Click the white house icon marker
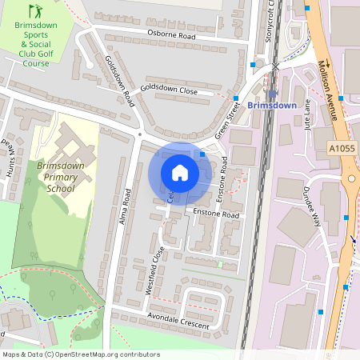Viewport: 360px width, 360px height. tap(180, 173)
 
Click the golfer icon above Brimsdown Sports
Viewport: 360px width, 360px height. tap(34, 10)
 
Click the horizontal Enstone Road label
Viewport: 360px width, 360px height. tap(216, 215)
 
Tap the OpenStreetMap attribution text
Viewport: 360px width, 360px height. tap(81, 354)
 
